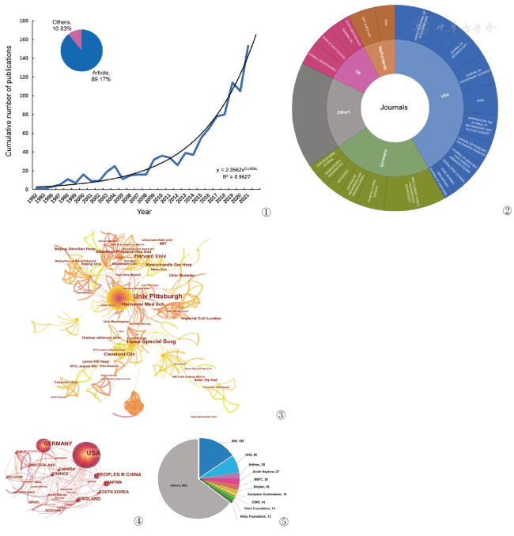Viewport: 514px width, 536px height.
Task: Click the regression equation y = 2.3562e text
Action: tap(237, 169)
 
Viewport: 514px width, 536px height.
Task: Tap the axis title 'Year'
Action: tap(144, 211)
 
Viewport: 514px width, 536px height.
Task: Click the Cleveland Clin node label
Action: tap(122, 353)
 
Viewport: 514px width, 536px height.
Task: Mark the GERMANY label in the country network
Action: tap(58, 444)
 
